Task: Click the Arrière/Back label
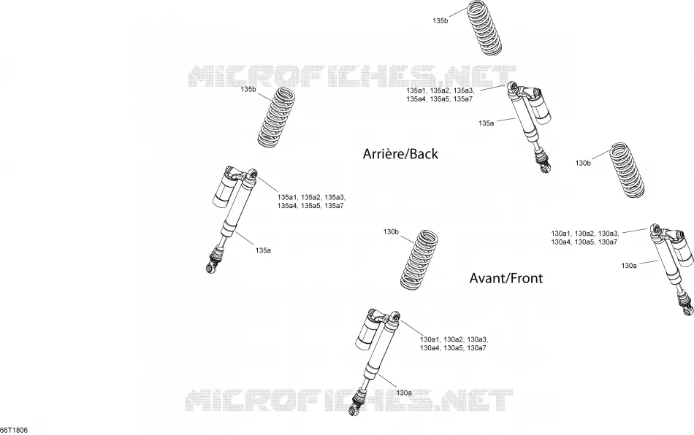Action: click(x=400, y=154)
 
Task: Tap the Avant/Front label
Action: click(x=506, y=278)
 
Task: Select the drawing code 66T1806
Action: click(x=14, y=430)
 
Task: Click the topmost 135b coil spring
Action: click(x=484, y=28)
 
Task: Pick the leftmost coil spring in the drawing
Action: click(x=276, y=118)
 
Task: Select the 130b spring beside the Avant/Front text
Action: click(x=419, y=261)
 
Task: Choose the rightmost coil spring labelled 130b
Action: click(x=628, y=170)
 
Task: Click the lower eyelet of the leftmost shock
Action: click(x=210, y=267)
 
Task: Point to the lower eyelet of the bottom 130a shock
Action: click(x=354, y=412)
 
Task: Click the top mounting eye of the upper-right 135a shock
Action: click(x=513, y=86)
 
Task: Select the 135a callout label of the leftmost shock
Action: click(x=263, y=250)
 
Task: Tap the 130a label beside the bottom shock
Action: click(x=404, y=393)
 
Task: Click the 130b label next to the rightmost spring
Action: click(x=583, y=163)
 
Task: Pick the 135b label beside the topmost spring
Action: click(x=440, y=20)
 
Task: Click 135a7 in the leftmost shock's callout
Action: click(x=334, y=206)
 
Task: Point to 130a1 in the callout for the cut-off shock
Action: click(x=561, y=234)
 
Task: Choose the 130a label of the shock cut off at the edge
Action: click(x=629, y=266)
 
